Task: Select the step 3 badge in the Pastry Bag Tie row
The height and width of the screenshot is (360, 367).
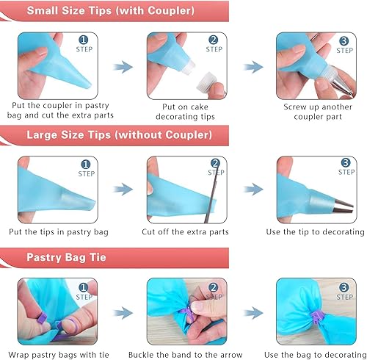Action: [345, 288]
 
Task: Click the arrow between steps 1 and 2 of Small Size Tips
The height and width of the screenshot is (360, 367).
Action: [123, 66]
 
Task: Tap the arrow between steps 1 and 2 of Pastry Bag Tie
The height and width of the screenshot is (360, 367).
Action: [123, 312]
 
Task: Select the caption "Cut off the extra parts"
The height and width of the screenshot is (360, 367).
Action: [185, 232]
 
